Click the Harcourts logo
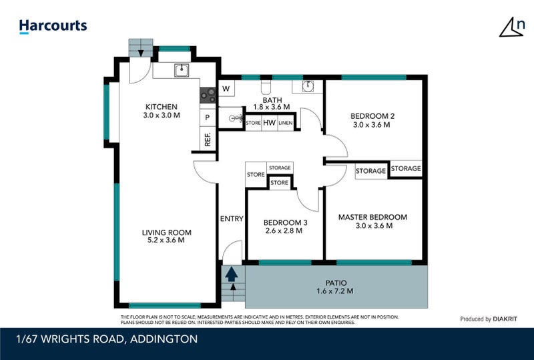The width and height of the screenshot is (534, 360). (53, 26)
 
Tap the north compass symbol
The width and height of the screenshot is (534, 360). (512, 27)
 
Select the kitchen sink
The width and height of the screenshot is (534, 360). (181, 69)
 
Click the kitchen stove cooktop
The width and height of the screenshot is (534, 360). (208, 96)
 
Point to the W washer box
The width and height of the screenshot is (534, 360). (226, 89)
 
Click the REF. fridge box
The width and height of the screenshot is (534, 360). (208, 139)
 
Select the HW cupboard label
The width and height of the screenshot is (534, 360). (270, 123)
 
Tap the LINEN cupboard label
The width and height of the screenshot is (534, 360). (286, 123)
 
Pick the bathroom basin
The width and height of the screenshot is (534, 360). (307, 86)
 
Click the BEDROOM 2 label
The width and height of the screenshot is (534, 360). (372, 120)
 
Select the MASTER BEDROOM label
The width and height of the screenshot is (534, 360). (372, 221)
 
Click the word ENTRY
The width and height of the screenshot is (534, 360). (232, 218)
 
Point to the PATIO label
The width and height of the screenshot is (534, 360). (334, 286)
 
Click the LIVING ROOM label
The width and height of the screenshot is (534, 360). (166, 236)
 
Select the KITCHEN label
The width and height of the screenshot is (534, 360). (162, 111)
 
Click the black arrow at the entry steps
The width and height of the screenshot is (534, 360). (232, 273)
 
